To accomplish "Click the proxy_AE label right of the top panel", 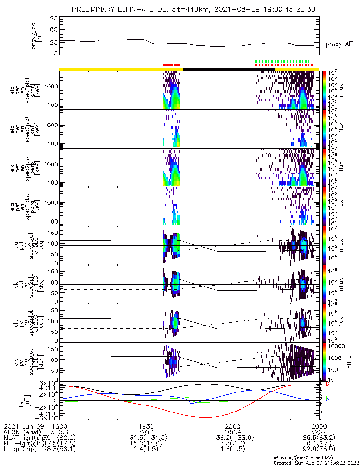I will point(339,44).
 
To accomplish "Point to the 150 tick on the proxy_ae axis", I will point(52,18).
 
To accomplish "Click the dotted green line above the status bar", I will point(282,61).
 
